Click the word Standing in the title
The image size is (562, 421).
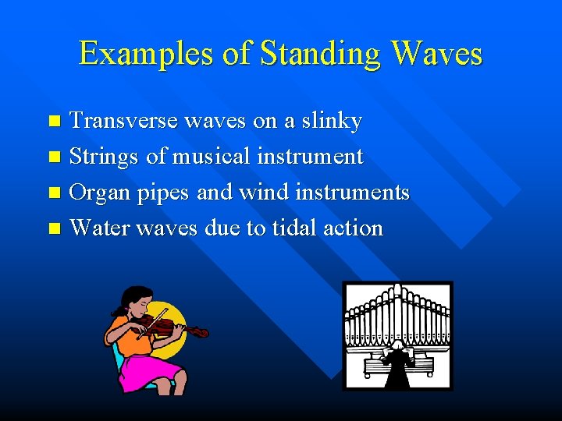tap(322, 55)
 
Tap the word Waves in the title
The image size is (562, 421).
tap(437, 55)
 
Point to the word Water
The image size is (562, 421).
tap(100, 228)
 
